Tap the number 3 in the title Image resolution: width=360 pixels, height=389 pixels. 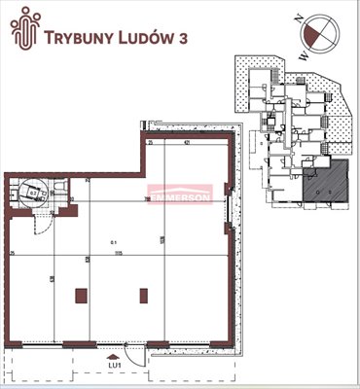pyautogui.click(x=184, y=38)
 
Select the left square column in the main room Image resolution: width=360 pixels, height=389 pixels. pyautogui.click(x=81, y=295)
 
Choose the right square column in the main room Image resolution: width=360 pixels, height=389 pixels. pyautogui.click(x=145, y=295)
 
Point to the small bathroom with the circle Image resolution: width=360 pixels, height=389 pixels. pyautogui.click(x=37, y=191)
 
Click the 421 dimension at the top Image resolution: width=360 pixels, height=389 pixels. pyautogui.click(x=186, y=144)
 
